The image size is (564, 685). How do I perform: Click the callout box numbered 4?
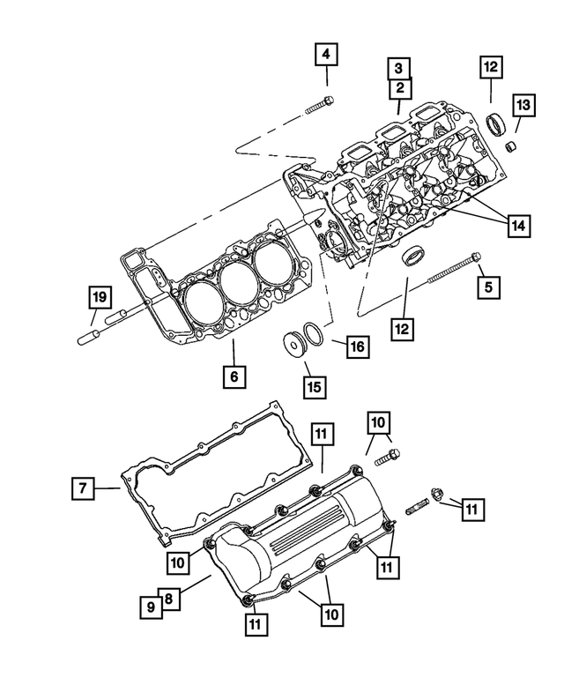tap(326, 55)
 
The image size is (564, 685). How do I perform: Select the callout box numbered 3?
tap(399, 67)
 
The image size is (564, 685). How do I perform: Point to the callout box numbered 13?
tap(523, 106)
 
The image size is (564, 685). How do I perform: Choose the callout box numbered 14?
tap(518, 226)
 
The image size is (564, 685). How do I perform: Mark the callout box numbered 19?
tap(98, 296)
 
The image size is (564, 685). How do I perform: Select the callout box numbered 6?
tap(233, 377)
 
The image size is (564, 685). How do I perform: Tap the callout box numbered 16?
tap(355, 346)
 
